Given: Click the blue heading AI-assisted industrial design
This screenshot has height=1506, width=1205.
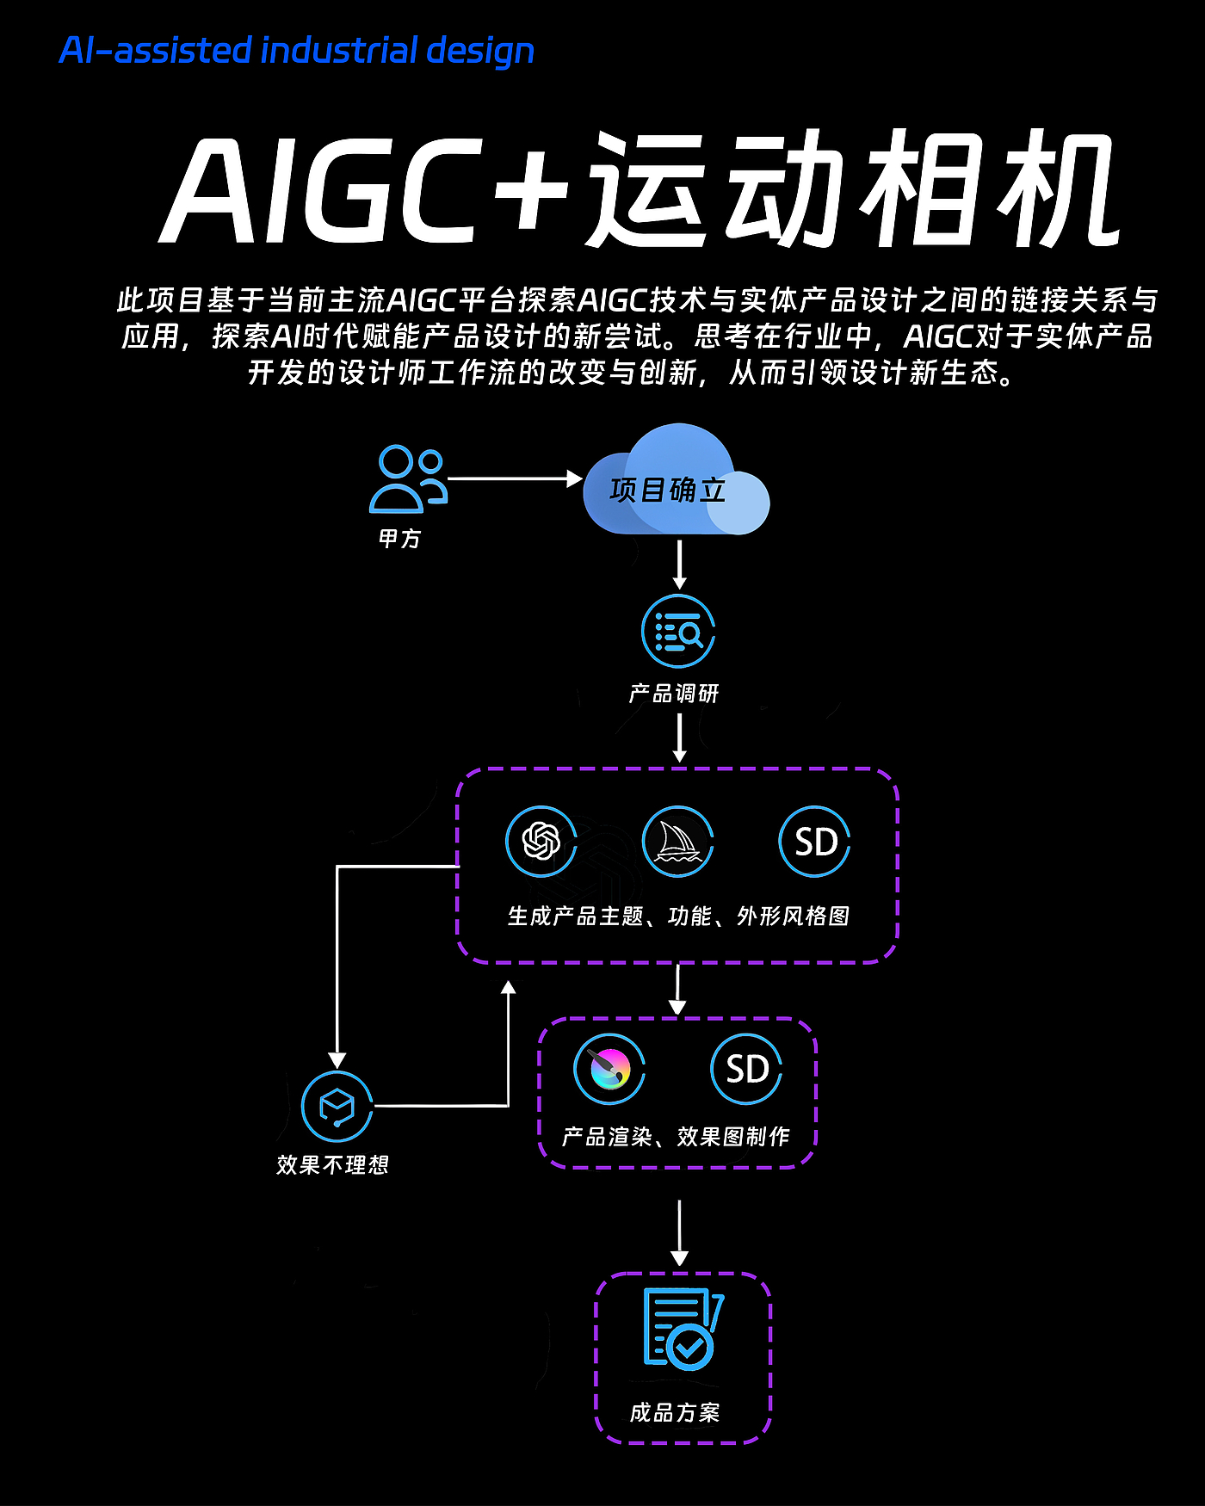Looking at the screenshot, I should pos(297,51).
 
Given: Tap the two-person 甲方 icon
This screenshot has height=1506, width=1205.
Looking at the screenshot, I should pos(408,478).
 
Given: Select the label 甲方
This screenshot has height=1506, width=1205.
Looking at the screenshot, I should pos(400,539).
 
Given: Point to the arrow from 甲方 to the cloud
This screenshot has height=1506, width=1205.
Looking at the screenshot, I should pos(515,478).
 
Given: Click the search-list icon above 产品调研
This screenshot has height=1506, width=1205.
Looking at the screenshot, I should pos(678,632).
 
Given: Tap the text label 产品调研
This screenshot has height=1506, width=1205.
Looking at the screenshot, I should pos(674,694).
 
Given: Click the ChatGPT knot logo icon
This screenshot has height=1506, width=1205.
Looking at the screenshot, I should pos(541,842).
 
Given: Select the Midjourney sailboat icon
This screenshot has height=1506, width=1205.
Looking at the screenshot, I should pos(678,842).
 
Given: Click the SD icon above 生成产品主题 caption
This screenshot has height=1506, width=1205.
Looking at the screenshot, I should pos(814,842).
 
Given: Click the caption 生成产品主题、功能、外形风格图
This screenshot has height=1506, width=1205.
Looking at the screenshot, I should pos(678,916).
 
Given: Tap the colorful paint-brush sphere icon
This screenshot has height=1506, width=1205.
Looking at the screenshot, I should pos(609,1069).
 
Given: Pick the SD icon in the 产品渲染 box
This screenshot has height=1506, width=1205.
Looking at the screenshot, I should pos(746,1069).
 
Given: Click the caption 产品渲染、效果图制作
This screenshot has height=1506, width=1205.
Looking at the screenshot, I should pos(676,1137).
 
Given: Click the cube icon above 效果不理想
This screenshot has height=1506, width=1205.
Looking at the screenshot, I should pos(337,1107).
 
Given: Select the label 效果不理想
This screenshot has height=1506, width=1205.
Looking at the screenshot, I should pos(333,1165).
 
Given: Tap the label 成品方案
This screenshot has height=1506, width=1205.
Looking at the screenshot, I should pos(675,1412).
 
